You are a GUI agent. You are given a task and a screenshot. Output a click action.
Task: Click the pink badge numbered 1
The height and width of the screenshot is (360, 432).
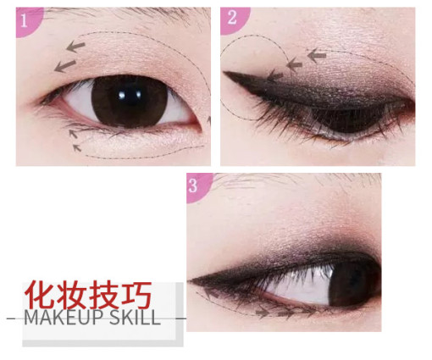click(x=28, y=21)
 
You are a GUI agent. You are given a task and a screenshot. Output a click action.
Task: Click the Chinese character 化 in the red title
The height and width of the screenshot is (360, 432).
click(x=39, y=294)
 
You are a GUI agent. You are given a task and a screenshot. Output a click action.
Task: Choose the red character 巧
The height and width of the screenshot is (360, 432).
click(x=136, y=294)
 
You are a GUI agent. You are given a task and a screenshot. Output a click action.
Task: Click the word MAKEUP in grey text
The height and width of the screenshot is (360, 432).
click(x=63, y=318)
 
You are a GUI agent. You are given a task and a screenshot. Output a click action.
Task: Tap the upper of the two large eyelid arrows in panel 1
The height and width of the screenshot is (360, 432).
click(x=75, y=46)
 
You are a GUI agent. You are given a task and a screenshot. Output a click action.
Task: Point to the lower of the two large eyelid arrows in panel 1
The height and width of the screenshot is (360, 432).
click(x=65, y=66)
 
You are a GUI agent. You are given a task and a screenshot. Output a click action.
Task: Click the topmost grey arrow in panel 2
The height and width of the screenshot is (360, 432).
click(x=317, y=55)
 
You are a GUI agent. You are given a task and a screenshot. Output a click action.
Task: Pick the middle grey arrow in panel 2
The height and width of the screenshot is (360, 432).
click(x=294, y=65)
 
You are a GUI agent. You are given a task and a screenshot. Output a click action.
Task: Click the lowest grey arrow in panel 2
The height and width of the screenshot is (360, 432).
click(x=274, y=75)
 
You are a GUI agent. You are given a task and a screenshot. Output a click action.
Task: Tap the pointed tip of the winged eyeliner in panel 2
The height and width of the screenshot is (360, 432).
click(x=224, y=72)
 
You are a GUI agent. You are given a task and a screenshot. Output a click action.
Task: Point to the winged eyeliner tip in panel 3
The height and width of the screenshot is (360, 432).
click(x=189, y=280)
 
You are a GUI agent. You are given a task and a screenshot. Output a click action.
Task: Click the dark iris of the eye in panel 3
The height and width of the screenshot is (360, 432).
click(x=353, y=283)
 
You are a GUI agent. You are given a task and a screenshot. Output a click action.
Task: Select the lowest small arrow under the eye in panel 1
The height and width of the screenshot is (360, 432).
click(x=77, y=147)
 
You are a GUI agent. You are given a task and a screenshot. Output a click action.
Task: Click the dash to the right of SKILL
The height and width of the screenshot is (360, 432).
click(x=181, y=318)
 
